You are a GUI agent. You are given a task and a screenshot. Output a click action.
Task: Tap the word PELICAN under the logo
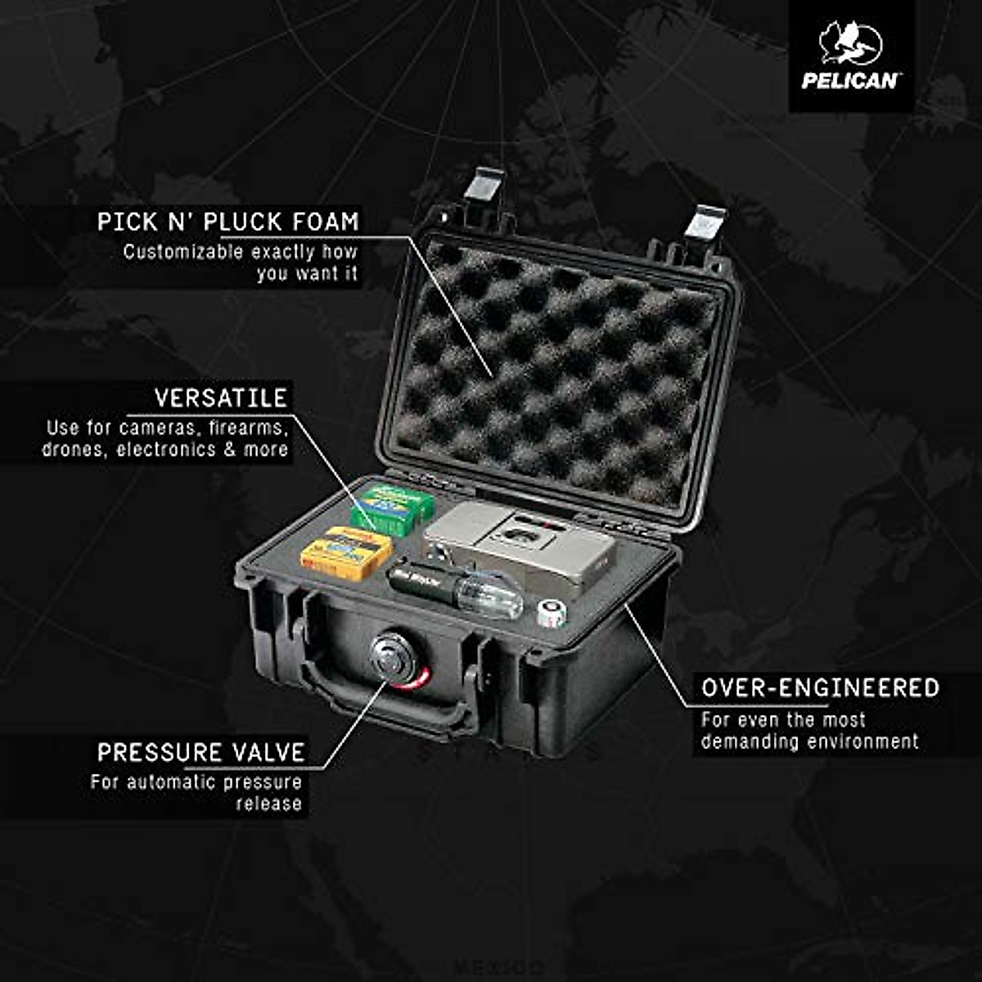click(850, 80)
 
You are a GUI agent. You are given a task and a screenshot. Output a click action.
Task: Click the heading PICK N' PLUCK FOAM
click(227, 221)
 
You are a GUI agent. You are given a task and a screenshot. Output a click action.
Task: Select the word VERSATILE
click(221, 399)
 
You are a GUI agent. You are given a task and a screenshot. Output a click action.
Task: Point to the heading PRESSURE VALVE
click(200, 752)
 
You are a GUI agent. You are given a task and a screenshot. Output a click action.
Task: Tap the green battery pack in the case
click(392, 507)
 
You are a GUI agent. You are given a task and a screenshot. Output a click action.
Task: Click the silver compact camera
click(520, 544)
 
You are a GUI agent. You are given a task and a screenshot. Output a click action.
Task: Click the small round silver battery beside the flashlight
click(552, 612)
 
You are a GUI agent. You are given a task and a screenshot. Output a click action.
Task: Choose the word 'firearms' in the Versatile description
click(246, 427)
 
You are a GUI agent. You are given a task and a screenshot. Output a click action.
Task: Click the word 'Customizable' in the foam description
click(183, 252)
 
